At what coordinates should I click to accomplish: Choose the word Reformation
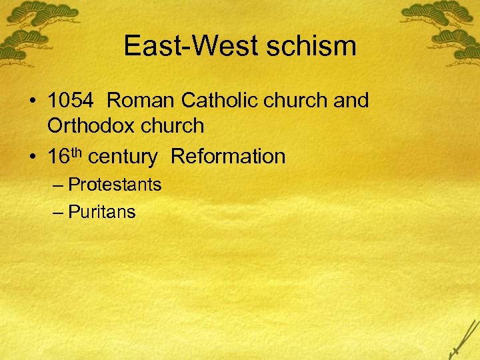228,157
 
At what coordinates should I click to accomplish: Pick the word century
123,157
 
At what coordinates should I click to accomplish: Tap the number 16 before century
58,157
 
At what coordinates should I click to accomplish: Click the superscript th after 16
75,153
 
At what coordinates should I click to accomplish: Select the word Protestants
115,184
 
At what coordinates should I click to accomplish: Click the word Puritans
102,212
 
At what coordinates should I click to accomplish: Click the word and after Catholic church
351,101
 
